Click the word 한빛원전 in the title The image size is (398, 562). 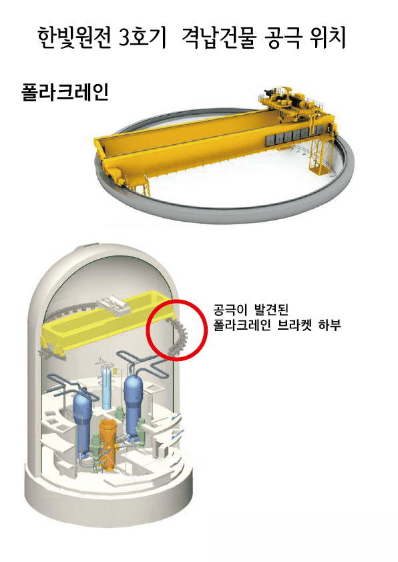coord(74,37)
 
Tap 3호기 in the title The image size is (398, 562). coord(142,37)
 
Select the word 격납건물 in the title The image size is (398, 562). coord(219,37)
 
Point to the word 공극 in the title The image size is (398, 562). coord(283,37)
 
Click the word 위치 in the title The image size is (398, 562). coord(327,37)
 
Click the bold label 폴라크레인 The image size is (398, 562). coord(65,92)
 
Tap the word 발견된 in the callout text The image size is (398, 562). coord(271,309)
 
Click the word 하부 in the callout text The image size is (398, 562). coord(329,325)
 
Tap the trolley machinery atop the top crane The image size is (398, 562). coord(291,99)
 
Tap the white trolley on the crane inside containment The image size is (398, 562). coord(115,306)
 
